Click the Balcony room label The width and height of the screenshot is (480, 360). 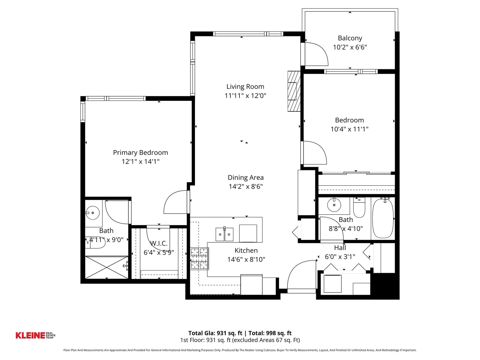(350, 38)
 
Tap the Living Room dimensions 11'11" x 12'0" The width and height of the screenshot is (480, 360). (245, 95)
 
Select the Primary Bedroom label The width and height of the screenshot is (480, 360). (140, 153)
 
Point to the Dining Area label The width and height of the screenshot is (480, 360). (246, 178)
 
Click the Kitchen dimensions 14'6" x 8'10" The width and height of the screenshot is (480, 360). (246, 259)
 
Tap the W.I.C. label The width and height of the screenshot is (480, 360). (159, 243)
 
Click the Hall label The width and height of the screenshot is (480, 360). (340, 248)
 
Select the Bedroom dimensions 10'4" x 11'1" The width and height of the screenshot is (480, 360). (349, 129)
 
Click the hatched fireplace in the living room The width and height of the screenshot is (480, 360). (294, 91)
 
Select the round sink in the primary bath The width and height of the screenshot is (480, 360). (92, 213)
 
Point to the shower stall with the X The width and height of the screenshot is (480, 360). (106, 268)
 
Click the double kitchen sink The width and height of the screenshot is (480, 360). (224, 234)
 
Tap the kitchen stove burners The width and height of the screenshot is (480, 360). (199, 259)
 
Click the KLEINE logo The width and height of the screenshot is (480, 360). (35, 335)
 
